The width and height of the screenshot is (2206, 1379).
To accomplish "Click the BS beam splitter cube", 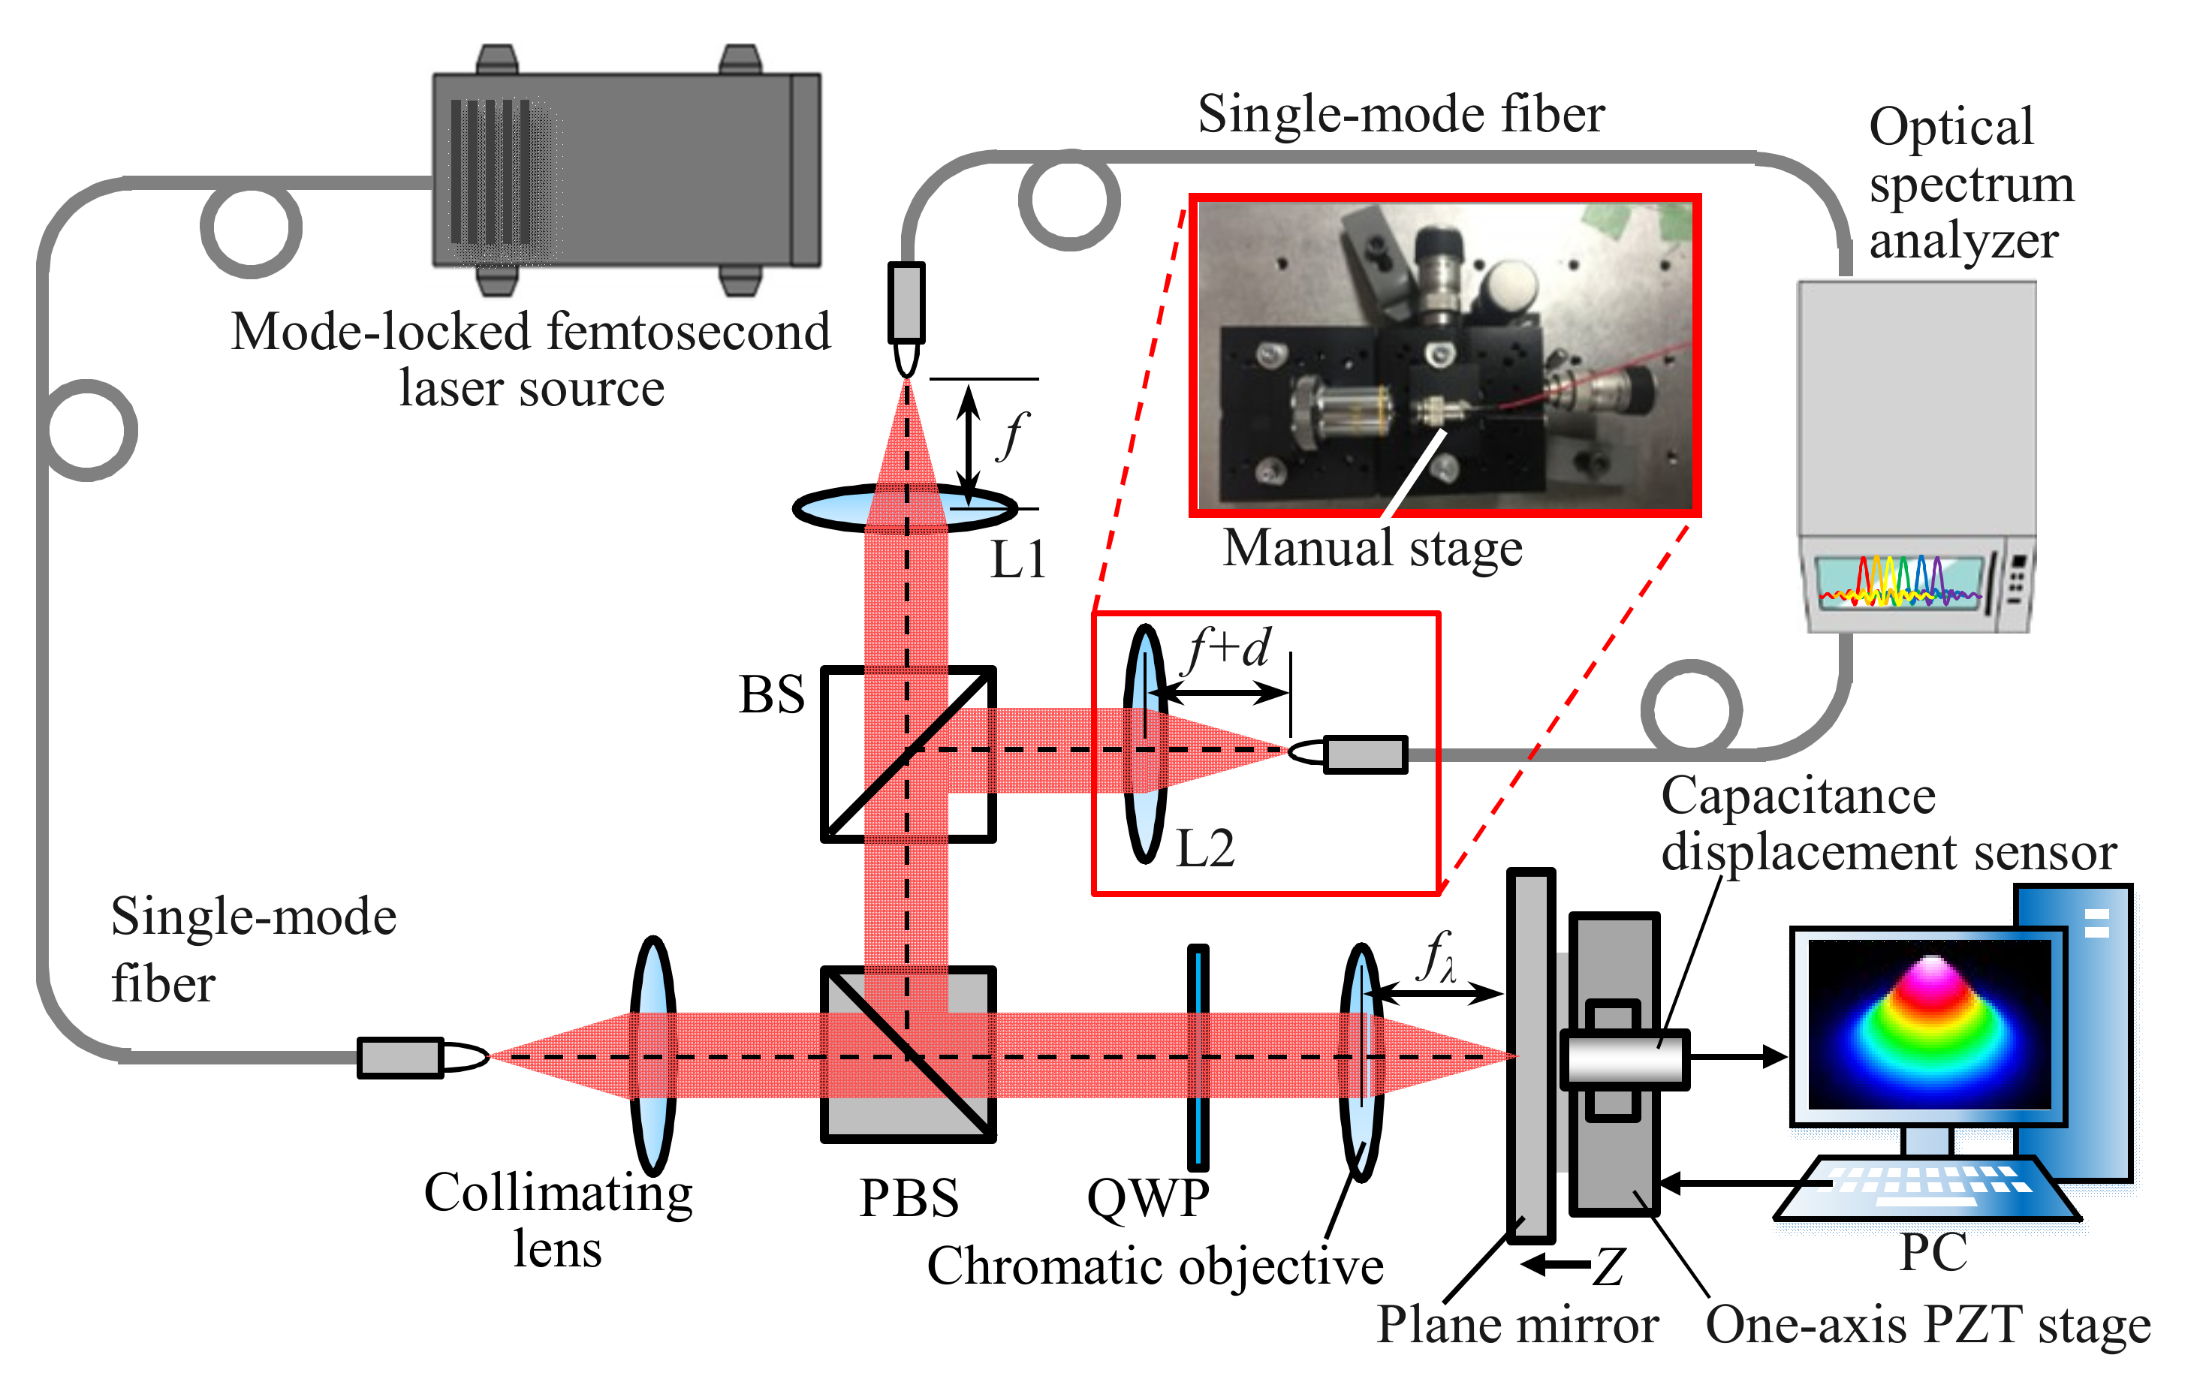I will point(907,754).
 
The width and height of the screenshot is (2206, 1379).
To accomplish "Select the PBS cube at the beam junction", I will point(907,1054).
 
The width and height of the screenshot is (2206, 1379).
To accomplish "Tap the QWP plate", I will point(1198,1057).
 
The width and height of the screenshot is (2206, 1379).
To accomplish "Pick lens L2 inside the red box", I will point(1144,743).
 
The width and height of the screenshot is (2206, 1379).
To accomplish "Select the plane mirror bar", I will point(1530,1055).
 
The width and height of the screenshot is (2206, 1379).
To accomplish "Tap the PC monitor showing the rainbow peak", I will point(1928,1025).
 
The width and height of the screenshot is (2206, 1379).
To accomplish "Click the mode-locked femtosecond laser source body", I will point(625,170).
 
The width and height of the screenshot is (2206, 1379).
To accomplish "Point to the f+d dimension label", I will point(1228,649).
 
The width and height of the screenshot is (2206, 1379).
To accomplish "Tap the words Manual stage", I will point(1372,549).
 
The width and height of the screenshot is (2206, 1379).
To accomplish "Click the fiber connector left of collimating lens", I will point(401,1057).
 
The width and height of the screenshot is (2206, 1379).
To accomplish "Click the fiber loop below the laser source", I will point(250,228).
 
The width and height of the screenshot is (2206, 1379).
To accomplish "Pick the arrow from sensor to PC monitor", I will point(1737,1057).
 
